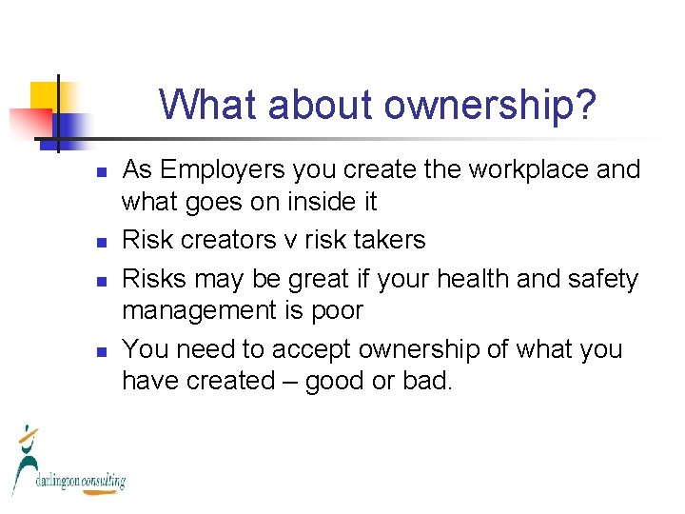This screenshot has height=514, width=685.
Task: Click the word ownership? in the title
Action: tap(490, 105)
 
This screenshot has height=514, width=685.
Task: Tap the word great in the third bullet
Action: tap(284, 280)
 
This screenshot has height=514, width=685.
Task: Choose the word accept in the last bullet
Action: tap(309, 349)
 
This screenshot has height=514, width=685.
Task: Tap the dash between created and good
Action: tap(282, 382)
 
